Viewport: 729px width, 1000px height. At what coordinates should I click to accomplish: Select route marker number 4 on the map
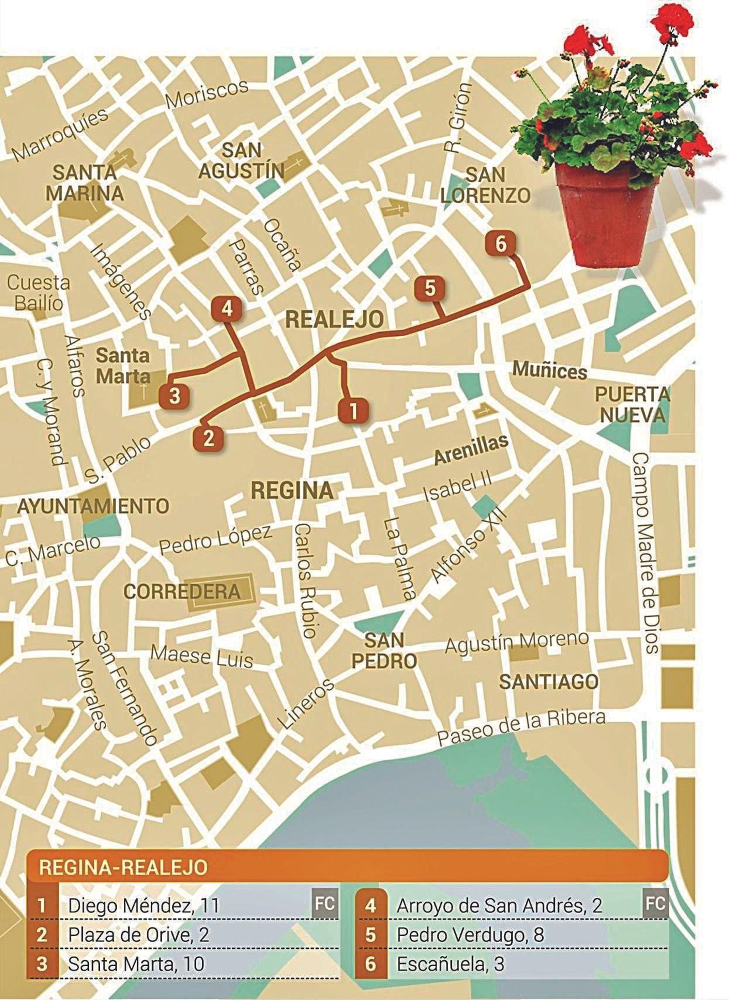click(227, 309)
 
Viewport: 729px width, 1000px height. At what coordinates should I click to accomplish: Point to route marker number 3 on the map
click(175, 396)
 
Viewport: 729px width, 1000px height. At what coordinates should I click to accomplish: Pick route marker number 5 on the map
click(430, 288)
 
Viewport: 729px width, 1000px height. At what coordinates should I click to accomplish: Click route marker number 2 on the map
click(208, 438)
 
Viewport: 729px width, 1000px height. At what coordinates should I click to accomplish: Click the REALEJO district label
click(334, 319)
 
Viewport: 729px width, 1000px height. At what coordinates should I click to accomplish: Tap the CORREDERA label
click(182, 591)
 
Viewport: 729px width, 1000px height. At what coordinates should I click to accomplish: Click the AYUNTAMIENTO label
click(93, 506)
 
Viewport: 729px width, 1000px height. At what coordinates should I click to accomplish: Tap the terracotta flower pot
click(608, 214)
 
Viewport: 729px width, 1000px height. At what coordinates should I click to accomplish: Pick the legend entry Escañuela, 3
click(451, 961)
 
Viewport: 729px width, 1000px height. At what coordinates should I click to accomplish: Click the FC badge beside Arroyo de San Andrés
click(656, 899)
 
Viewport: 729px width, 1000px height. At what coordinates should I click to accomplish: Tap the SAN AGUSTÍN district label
click(241, 160)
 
